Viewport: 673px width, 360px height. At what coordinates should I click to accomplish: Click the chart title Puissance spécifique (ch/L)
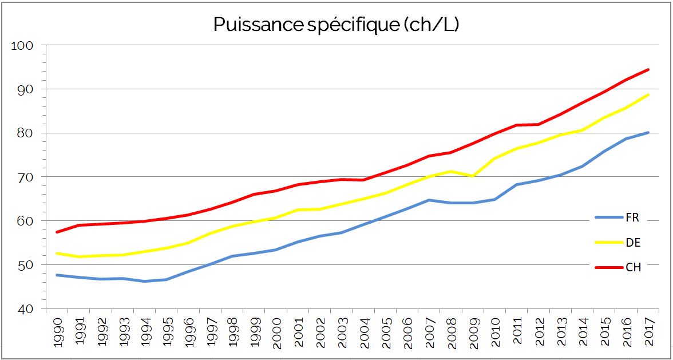click(x=336, y=24)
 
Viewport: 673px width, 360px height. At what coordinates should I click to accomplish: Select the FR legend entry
click(x=632, y=217)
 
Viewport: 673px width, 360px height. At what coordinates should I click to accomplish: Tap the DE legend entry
click(x=632, y=243)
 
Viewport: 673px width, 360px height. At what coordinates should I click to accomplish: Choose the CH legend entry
click(x=632, y=267)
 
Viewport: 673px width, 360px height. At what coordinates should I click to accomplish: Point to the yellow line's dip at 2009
click(x=473, y=176)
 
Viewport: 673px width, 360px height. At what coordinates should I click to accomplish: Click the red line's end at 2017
click(x=648, y=70)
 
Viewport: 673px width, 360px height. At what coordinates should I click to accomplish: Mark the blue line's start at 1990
click(x=56, y=275)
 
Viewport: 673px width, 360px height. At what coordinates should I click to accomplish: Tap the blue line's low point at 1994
click(x=144, y=281)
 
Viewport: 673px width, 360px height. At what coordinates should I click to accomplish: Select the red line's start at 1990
click(x=56, y=232)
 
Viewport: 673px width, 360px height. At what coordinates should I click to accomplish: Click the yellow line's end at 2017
click(x=648, y=94)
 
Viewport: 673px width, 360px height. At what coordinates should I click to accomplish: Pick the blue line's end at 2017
click(x=648, y=132)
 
